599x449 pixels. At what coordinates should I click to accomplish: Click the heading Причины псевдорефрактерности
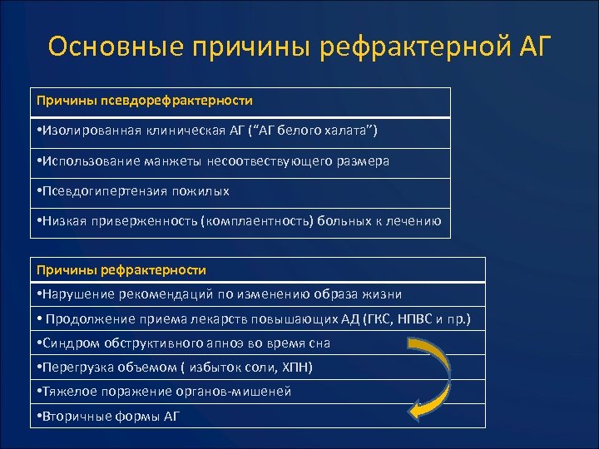point(144,100)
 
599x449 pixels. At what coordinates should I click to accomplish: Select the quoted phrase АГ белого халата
point(324,131)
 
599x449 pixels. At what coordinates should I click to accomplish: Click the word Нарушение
point(77,294)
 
